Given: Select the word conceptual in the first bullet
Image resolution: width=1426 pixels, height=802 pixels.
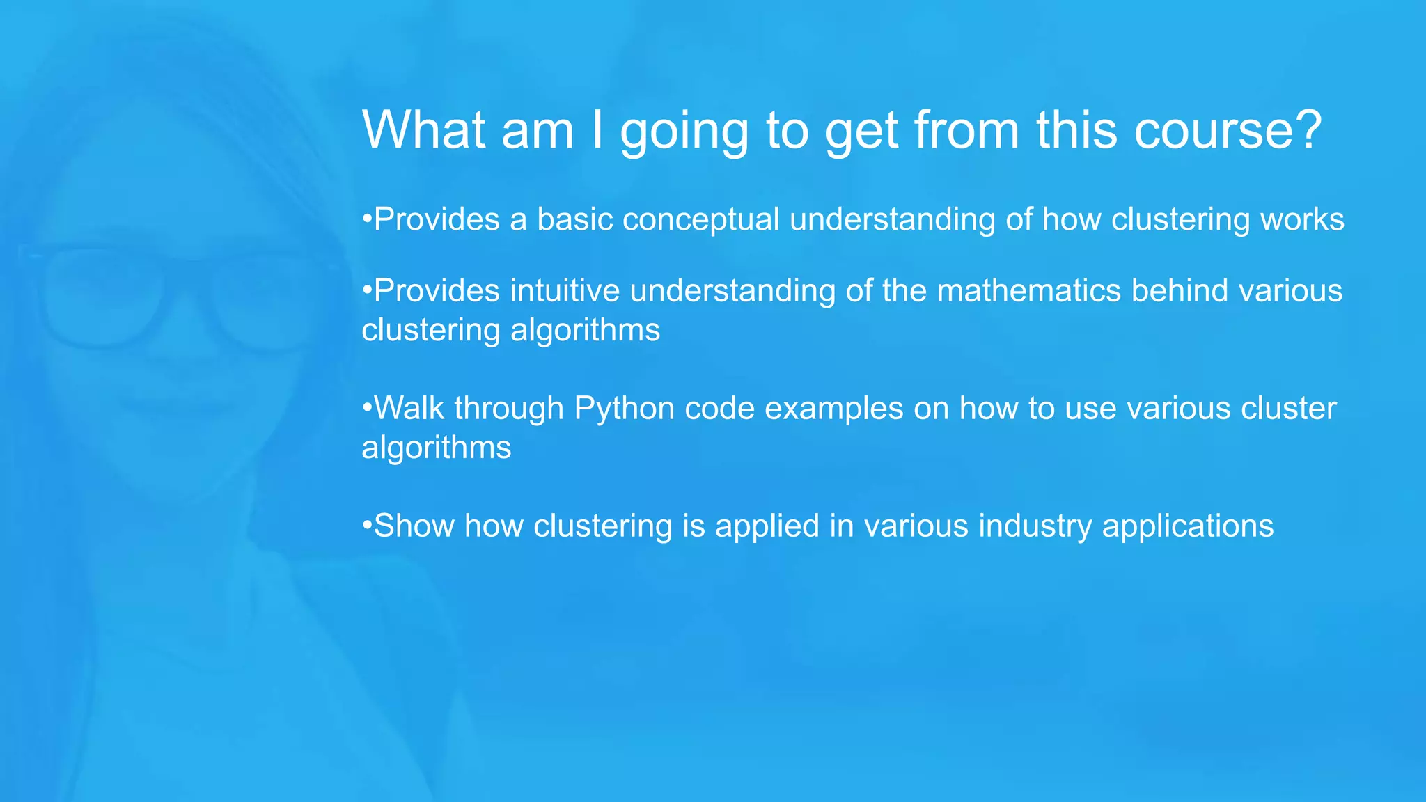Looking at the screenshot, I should click(700, 220).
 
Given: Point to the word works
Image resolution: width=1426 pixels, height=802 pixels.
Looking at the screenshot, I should click(1302, 220).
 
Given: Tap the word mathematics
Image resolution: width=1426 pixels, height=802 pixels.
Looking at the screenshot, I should click(1028, 291).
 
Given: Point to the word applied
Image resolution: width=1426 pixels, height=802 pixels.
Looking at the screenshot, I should click(767, 526).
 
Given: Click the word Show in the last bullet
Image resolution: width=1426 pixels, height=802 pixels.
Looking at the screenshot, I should click(414, 526).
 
